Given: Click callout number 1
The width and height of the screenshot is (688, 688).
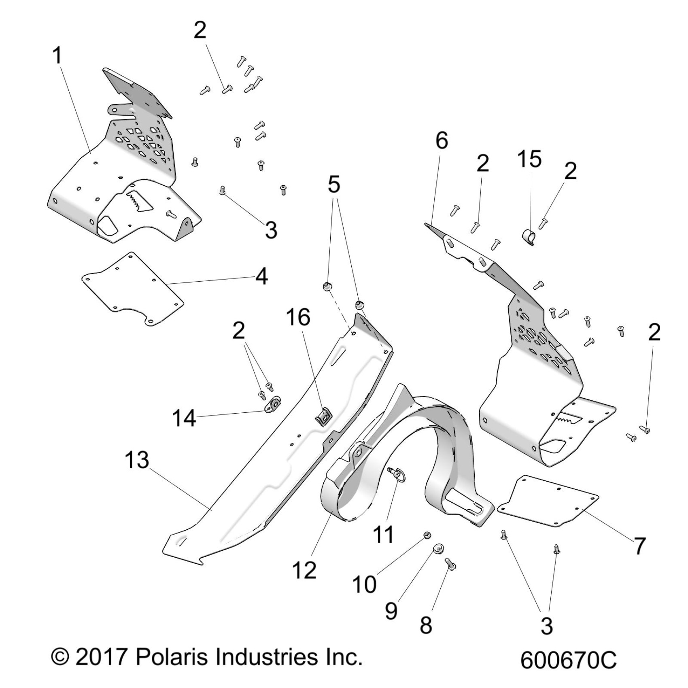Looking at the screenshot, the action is tap(58, 56).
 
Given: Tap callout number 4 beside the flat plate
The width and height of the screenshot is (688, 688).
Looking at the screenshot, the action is tap(261, 277).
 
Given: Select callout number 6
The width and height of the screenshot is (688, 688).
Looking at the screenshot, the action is tap(442, 141).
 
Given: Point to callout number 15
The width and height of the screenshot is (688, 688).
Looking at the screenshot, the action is tap(529, 159).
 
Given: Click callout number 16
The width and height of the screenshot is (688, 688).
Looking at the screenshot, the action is tap(298, 318).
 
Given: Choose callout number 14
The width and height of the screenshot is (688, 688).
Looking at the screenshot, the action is tap(185, 418).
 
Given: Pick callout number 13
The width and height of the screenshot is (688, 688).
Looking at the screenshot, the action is tap(137, 461).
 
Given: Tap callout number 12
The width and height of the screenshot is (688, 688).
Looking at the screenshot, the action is tap(304, 570).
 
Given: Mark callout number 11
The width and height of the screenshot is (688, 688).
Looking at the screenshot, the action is tap(383, 535).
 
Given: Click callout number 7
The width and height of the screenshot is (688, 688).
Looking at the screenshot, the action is tap(639, 546).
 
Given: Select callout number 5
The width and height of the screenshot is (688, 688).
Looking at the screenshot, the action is tap(334, 185).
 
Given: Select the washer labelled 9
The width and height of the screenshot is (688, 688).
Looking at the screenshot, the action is tap(438, 549).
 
